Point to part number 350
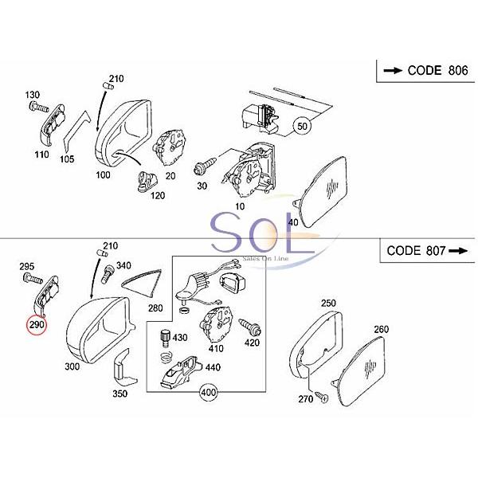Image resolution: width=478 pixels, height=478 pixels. click(x=119, y=393)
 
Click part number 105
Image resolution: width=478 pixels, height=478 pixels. click(x=67, y=159)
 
